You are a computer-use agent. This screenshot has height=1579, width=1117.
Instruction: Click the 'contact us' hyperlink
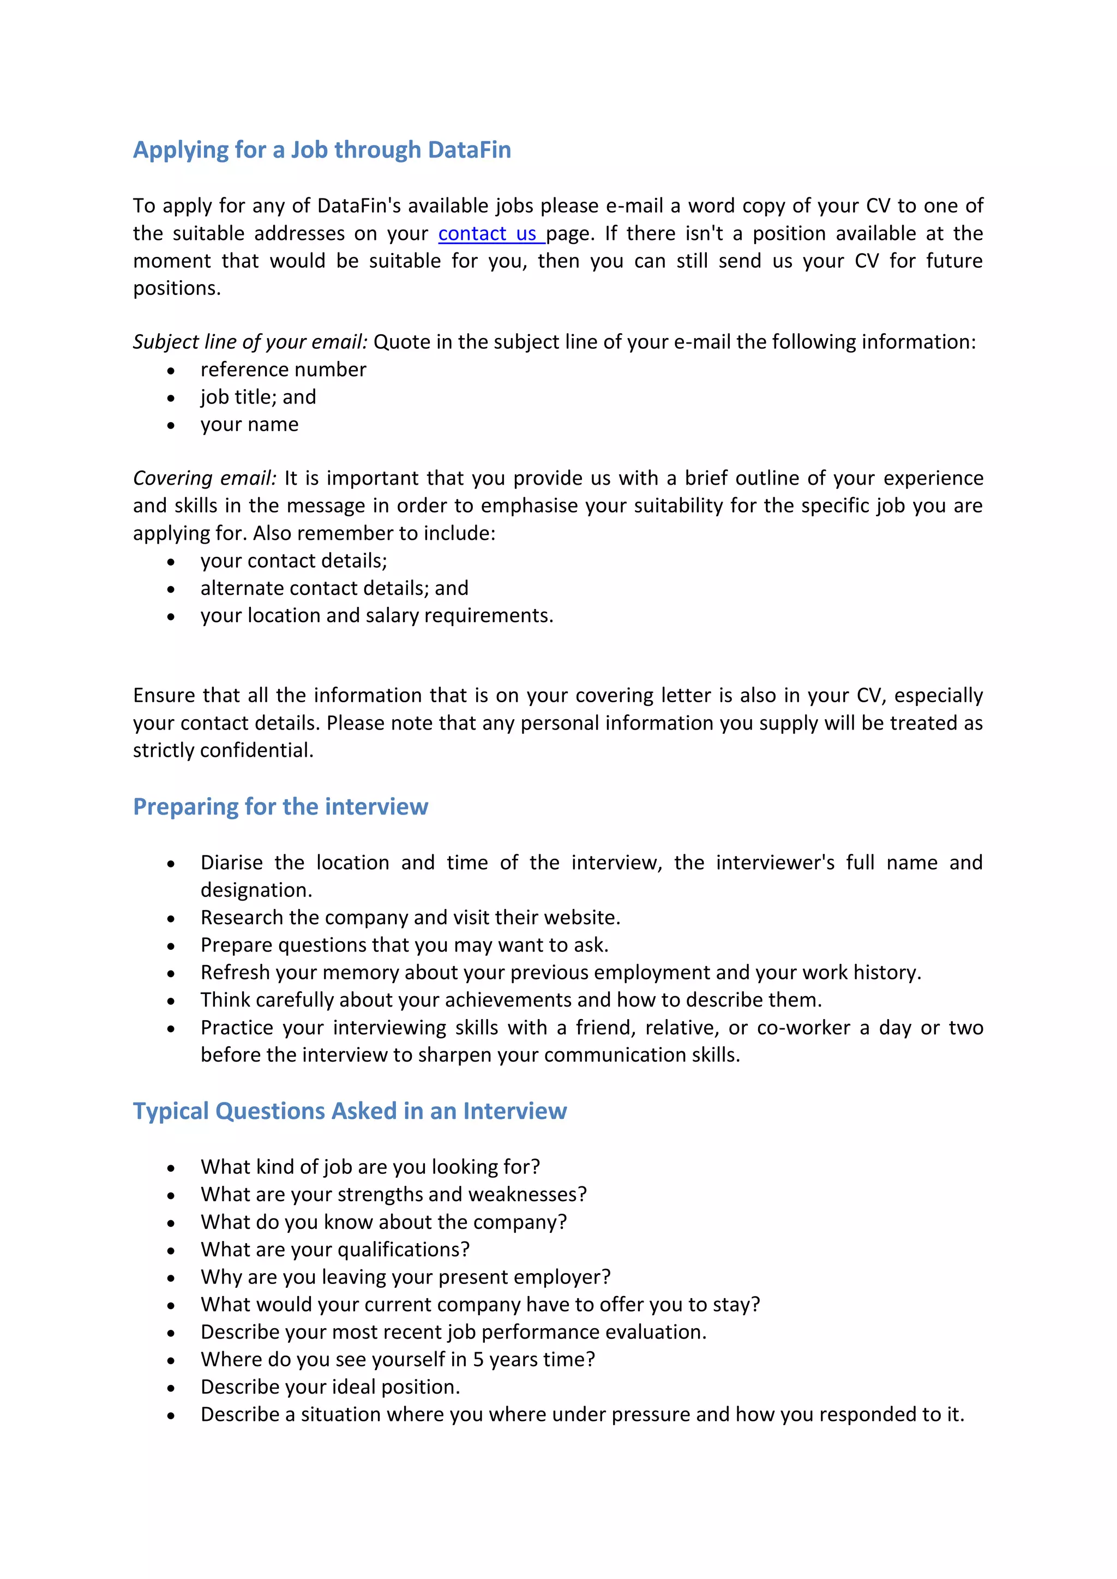point(488,234)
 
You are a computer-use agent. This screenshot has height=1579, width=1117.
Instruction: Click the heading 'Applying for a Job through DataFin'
point(322,150)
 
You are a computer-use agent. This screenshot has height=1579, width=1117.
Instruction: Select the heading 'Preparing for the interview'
point(281,807)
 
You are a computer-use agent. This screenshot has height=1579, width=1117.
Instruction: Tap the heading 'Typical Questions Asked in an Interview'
point(350,1111)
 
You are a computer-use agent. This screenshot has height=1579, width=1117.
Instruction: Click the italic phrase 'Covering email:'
point(205,478)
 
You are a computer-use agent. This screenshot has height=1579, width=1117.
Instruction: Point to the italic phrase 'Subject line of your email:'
point(250,342)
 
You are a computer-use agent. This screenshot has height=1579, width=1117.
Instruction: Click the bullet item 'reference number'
point(284,370)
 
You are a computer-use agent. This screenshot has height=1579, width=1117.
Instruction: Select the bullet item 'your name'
point(250,424)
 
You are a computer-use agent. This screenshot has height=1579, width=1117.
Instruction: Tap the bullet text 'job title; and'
point(259,397)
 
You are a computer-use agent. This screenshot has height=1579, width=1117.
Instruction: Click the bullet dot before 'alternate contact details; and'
point(171,589)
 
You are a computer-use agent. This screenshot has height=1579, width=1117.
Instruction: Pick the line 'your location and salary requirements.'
point(377,616)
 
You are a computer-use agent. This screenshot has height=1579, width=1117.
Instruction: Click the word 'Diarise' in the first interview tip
point(232,863)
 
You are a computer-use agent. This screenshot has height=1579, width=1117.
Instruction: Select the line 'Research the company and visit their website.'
point(411,918)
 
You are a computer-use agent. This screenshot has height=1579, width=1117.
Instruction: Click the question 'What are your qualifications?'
point(335,1250)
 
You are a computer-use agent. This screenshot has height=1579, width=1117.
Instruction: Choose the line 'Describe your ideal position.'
point(330,1387)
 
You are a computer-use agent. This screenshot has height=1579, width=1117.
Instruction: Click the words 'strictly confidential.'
point(223,750)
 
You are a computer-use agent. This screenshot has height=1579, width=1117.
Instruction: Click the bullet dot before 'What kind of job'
point(171,1168)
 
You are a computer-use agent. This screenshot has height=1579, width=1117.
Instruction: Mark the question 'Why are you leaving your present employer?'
point(406,1277)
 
